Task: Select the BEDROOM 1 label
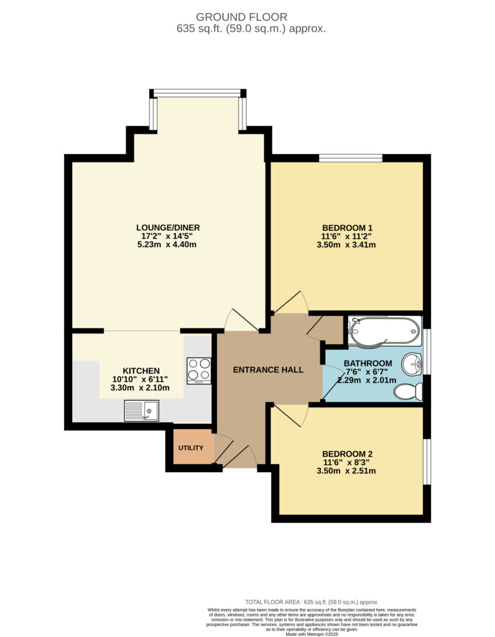tap(348, 227)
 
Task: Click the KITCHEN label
tap(141, 370)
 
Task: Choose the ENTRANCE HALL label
tap(268, 370)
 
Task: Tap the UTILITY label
tap(191, 448)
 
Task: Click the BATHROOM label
tap(368, 364)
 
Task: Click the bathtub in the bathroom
tap(382, 330)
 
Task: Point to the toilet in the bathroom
tap(410, 391)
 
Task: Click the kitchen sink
tap(141, 411)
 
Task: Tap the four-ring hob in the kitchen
tap(198, 371)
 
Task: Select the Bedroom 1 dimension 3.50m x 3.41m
tap(348, 244)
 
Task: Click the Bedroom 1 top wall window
tap(351, 158)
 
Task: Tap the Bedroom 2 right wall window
tap(427, 462)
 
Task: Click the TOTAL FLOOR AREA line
tap(312, 602)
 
